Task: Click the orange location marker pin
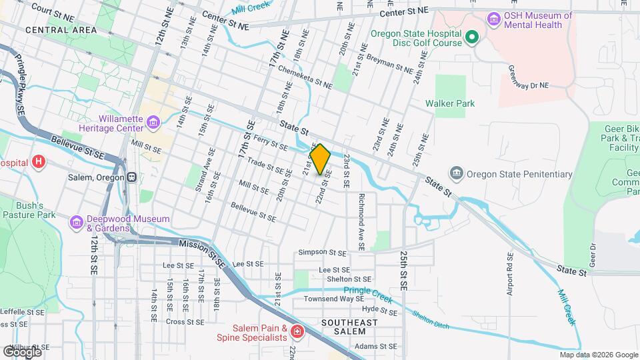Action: tap(320, 158)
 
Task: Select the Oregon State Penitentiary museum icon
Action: tap(457, 174)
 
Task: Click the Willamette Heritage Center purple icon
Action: tap(153, 122)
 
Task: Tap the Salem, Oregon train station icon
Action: tap(132, 178)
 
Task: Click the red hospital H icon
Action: tap(39, 161)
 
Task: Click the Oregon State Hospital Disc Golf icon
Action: tap(472, 38)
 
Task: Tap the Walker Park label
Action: tap(450, 103)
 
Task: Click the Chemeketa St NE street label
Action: tap(305, 77)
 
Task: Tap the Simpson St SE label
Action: tap(323, 253)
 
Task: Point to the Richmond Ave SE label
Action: tap(361, 221)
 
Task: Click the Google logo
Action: tap(22, 351)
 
